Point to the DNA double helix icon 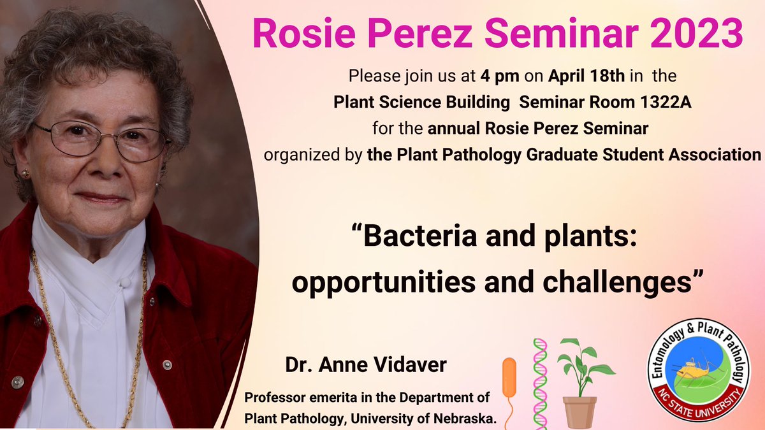pos(540,382)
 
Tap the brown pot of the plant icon pos(579,412)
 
